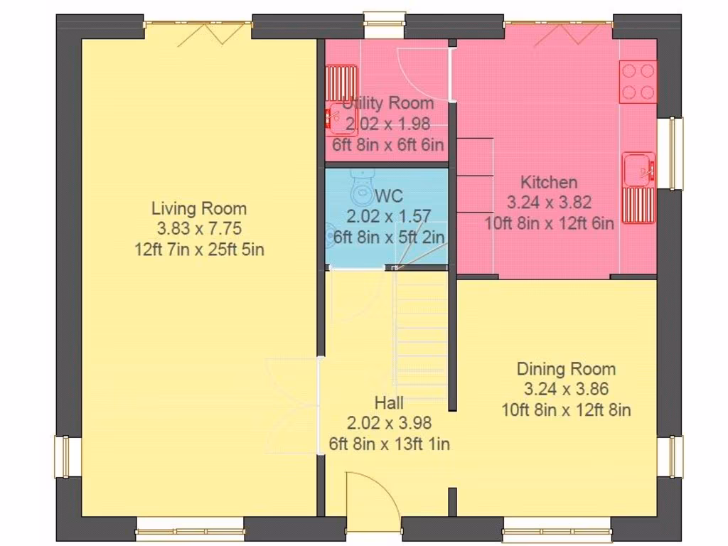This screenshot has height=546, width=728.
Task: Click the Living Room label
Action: [x=199, y=208]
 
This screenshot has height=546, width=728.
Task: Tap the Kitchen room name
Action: [x=548, y=182]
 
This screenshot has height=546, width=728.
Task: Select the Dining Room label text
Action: [x=566, y=369]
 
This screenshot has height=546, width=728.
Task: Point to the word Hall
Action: [x=389, y=403]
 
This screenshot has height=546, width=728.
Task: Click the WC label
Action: [x=389, y=195]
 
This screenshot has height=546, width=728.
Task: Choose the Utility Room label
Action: [x=388, y=103]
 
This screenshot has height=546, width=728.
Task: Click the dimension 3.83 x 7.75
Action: [x=199, y=229]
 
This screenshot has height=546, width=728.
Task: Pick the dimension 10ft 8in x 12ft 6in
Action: [x=549, y=223]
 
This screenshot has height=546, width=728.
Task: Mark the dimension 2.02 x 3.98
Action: [x=389, y=423]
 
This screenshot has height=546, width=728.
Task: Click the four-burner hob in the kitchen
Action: [x=638, y=82]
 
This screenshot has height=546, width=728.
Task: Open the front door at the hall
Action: [x=372, y=502]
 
